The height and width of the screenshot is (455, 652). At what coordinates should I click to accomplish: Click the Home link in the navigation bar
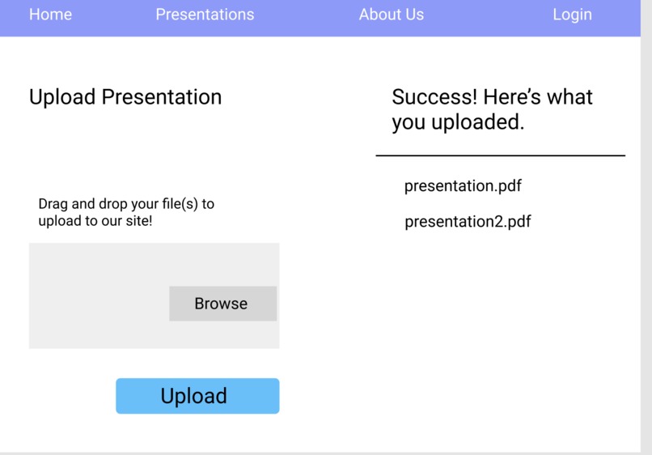[x=50, y=15]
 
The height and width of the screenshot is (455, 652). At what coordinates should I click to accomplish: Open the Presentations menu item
[x=205, y=15]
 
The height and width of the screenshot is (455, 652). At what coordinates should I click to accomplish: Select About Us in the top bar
[x=391, y=15]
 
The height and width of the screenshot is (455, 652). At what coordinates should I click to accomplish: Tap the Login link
[x=572, y=15]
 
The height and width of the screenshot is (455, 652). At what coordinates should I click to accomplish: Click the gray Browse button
[x=222, y=304]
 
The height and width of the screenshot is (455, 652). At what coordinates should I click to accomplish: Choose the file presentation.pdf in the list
[x=463, y=186]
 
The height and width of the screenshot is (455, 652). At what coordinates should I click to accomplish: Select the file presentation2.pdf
[x=468, y=222]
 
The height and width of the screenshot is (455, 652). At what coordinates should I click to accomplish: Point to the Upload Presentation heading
[x=125, y=97]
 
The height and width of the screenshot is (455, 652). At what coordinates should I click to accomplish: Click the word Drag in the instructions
[x=53, y=204]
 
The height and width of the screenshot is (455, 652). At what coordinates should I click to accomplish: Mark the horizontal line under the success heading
[x=500, y=155]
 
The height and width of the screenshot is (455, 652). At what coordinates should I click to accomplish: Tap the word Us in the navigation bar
[x=413, y=15]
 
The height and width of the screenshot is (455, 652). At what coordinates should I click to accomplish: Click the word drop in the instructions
[x=113, y=204]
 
